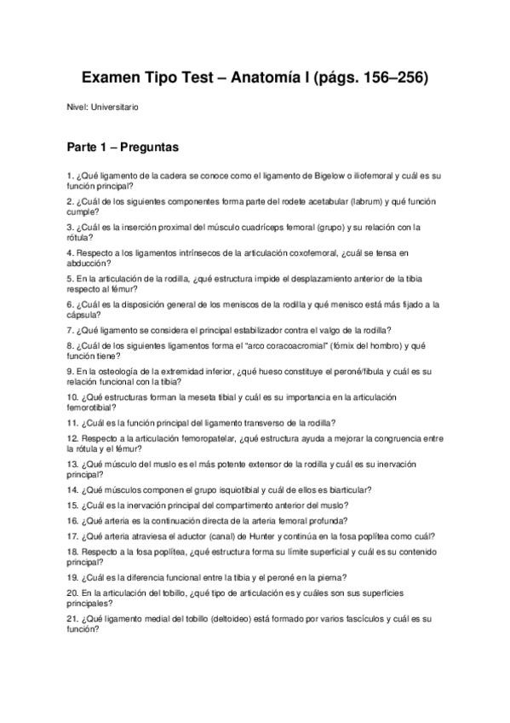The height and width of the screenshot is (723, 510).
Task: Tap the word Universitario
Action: tap(113, 107)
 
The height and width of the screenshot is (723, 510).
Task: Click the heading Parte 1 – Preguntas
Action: tap(122, 147)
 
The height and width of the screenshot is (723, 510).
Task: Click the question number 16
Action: tap(72, 520)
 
